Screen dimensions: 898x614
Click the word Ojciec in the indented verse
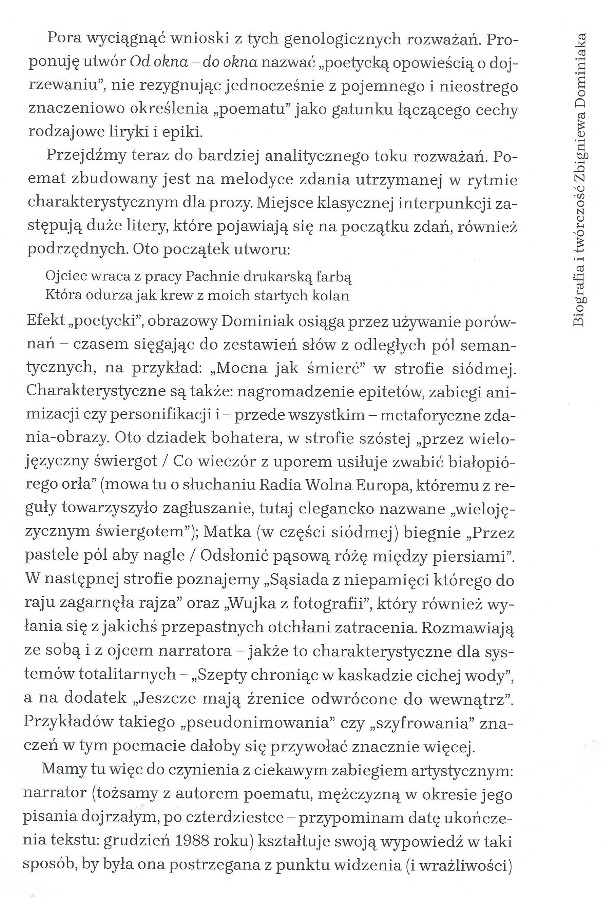point(64,276)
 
